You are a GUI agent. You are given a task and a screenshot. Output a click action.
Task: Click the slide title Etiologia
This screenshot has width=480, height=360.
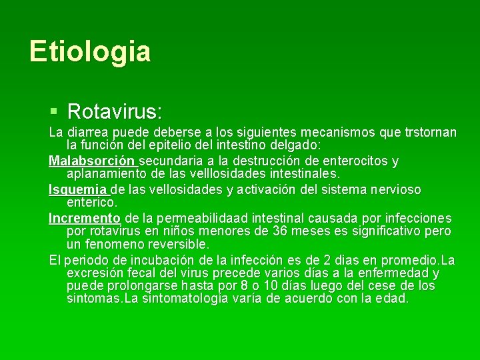tap(90, 51)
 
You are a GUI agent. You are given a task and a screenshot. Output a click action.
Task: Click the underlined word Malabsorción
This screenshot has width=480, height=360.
tap(92, 161)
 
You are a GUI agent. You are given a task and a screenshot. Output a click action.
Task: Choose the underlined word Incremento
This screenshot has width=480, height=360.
tap(85, 218)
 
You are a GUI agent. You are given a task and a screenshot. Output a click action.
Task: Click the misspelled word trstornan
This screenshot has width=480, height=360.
tap(431, 132)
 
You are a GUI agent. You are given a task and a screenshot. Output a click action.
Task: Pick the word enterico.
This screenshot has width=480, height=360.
tap(92, 201)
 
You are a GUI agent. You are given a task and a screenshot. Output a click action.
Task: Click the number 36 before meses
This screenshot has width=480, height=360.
tap(281, 231)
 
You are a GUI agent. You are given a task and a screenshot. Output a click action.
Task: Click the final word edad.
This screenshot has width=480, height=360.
tap(393, 298)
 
